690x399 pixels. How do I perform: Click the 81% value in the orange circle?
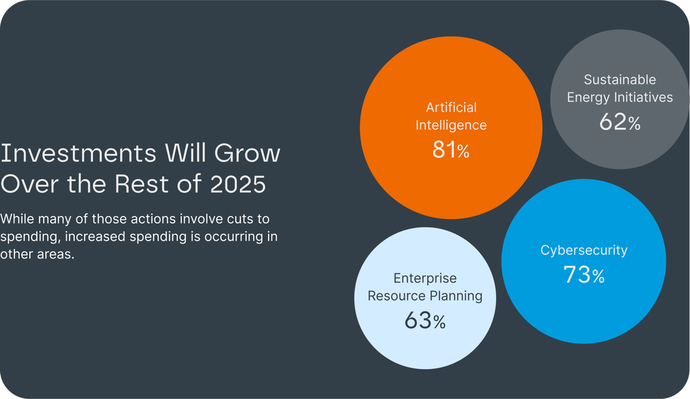click(451, 150)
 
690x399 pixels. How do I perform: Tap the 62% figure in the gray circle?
click(619, 122)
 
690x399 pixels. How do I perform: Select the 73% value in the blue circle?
click(584, 275)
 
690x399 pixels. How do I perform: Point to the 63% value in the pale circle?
click(425, 321)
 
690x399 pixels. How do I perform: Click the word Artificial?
click(451, 108)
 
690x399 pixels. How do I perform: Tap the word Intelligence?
click(451, 125)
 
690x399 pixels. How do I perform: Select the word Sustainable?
click(620, 79)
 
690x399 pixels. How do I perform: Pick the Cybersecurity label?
click(584, 250)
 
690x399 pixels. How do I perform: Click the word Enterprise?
click(425, 279)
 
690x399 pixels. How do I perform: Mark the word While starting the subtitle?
click(17, 219)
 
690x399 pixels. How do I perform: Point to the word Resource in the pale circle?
click(395, 297)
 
